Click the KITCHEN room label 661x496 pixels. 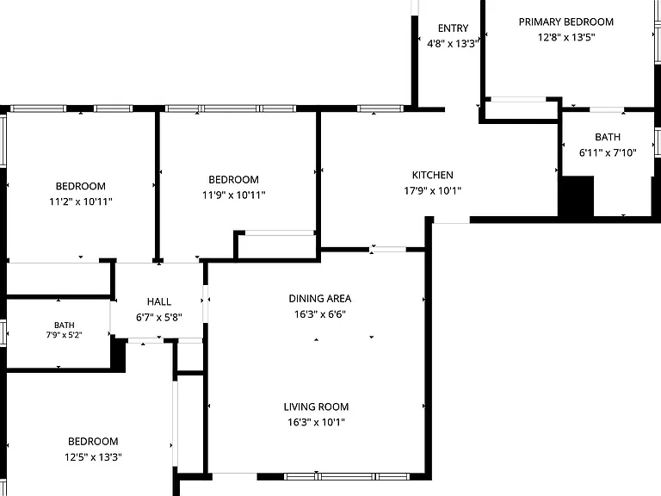pos(433,175)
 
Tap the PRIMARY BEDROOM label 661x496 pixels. pos(566,22)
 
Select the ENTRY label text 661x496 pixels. pos(454,28)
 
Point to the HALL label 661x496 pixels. pos(159,301)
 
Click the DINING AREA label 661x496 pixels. pos(320,299)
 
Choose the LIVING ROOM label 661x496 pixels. pos(316,406)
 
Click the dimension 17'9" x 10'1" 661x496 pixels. pos(433,190)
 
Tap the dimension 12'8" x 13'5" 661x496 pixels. pos(566,37)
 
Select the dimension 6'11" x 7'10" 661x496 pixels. pos(608,152)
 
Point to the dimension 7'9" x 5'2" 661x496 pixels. pos(64,335)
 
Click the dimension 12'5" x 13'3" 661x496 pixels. pos(93,456)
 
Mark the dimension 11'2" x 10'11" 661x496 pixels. pos(81,201)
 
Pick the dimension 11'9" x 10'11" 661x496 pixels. pos(233,195)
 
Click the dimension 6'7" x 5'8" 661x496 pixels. pos(159,317)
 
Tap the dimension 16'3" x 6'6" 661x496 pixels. pos(320,314)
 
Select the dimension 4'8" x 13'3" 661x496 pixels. pos(454,43)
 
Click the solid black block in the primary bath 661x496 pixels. pos(577,196)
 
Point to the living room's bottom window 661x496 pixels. pos(347,476)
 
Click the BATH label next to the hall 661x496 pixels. pos(64,325)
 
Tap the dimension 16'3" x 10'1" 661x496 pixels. pos(316,422)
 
